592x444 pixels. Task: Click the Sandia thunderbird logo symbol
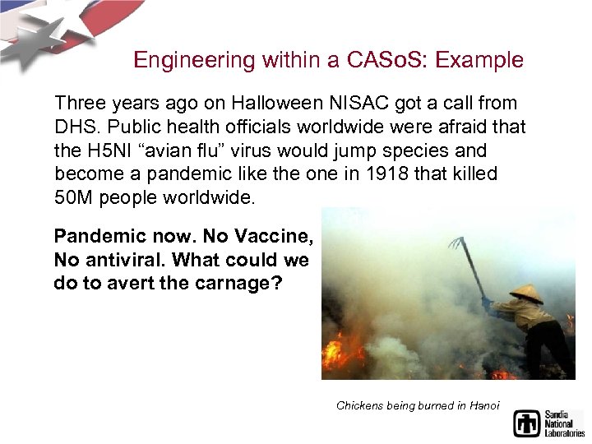(527, 422)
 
